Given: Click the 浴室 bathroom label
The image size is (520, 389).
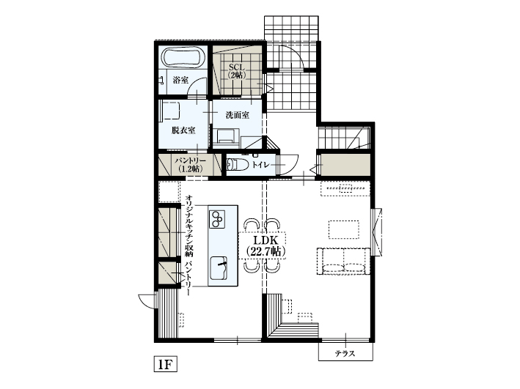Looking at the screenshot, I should pyautogui.click(x=180, y=80).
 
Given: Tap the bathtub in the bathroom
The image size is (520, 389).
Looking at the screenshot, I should pyautogui.click(x=183, y=58).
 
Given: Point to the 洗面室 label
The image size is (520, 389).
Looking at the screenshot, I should pyautogui.click(x=237, y=115).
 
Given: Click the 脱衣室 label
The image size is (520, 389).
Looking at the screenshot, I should pyautogui.click(x=183, y=130).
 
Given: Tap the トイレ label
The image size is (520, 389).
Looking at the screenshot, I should pyautogui.click(x=260, y=166).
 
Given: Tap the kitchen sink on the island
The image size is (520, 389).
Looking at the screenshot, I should pyautogui.click(x=219, y=267).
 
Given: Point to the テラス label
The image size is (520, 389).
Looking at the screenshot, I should pyautogui.click(x=345, y=354).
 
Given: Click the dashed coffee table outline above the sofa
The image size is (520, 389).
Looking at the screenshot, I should pyautogui.click(x=345, y=229).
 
